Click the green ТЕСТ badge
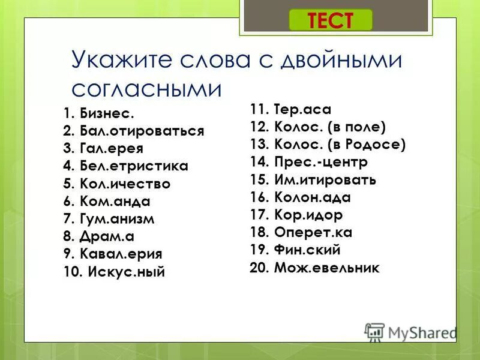point(331,20)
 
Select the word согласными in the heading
point(146,89)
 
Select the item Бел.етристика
point(132,166)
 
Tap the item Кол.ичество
point(123,184)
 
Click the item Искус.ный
point(126,271)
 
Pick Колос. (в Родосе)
point(340,144)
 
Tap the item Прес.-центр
point(320,162)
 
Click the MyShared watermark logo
point(411,332)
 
